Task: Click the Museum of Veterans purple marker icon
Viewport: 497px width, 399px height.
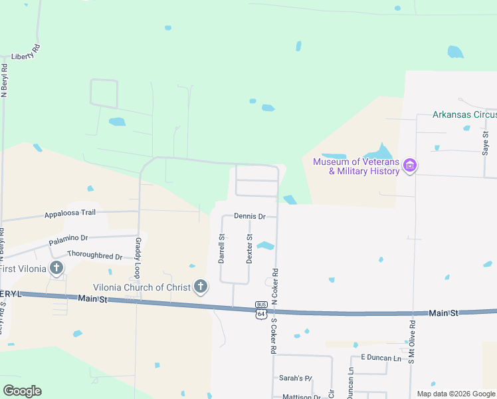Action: point(410,166)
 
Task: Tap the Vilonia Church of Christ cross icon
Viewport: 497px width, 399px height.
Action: point(200,287)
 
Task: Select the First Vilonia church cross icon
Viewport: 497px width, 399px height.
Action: point(56,269)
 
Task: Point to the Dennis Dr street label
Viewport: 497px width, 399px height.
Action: point(250,216)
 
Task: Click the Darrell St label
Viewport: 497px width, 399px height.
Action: point(222,248)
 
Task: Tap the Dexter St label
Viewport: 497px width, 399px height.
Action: point(250,248)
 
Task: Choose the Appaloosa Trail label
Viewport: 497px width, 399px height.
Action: point(70,213)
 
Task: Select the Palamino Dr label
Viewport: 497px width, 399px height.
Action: point(68,237)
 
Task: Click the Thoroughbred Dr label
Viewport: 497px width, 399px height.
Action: point(95,256)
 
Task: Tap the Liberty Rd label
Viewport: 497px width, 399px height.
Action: point(26,52)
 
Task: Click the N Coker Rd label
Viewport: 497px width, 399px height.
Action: point(274,287)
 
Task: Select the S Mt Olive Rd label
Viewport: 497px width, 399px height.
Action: point(412,343)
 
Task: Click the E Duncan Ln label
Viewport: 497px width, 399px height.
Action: point(382,358)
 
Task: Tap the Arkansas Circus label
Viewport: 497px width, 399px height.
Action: point(464,114)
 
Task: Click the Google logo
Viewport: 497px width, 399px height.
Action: point(22,391)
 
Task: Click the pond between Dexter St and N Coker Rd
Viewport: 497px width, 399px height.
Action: point(266,246)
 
